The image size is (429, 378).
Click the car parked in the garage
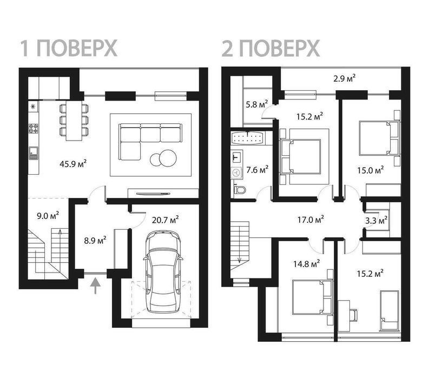click(x=163, y=271)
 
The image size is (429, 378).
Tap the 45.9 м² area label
click(x=73, y=164)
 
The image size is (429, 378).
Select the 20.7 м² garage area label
click(x=165, y=220)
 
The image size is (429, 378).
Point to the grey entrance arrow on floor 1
click(x=95, y=286)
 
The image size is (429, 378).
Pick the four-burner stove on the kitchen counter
click(x=34, y=129)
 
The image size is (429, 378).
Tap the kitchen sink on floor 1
click(x=34, y=153)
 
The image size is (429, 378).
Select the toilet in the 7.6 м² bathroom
click(x=240, y=189)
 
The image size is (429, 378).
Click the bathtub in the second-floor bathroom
click(x=247, y=137)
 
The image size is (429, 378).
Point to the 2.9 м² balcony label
click(x=345, y=78)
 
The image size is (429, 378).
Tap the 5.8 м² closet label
click(x=256, y=104)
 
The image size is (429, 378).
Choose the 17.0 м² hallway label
click(x=311, y=220)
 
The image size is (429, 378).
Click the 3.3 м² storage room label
click(x=376, y=220)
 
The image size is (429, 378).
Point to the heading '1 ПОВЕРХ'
click(x=69, y=49)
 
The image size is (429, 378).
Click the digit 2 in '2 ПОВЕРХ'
click(x=227, y=49)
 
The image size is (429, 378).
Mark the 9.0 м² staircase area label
click(x=48, y=216)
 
